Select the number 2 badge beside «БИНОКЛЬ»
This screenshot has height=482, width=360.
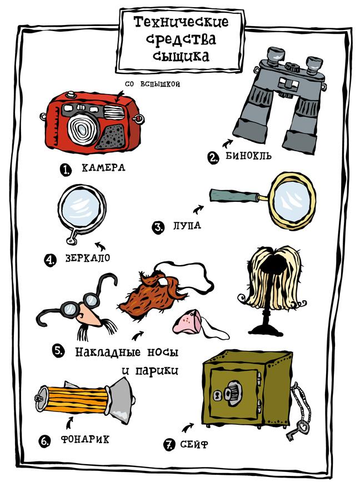[213, 158]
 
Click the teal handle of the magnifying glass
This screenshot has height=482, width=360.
[234, 195]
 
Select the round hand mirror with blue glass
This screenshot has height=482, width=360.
[82, 210]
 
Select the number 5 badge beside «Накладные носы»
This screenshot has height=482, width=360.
[58, 351]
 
